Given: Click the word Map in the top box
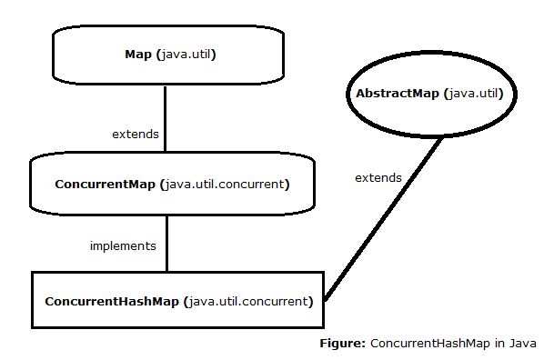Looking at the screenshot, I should pos(138,55).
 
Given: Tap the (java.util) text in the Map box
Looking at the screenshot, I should pos(186,55).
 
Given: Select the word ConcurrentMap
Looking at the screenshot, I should pos(105,184).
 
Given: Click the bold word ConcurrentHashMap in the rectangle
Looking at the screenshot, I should pos(111,300).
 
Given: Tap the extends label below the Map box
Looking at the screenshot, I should pos(135,135).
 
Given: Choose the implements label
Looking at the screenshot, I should pos(123,245).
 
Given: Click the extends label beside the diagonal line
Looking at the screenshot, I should pos(378,177).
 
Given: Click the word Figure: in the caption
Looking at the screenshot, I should pos(342,344).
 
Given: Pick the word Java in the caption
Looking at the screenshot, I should pos(522,344).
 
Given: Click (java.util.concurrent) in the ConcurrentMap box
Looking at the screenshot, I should pos(224,184).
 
